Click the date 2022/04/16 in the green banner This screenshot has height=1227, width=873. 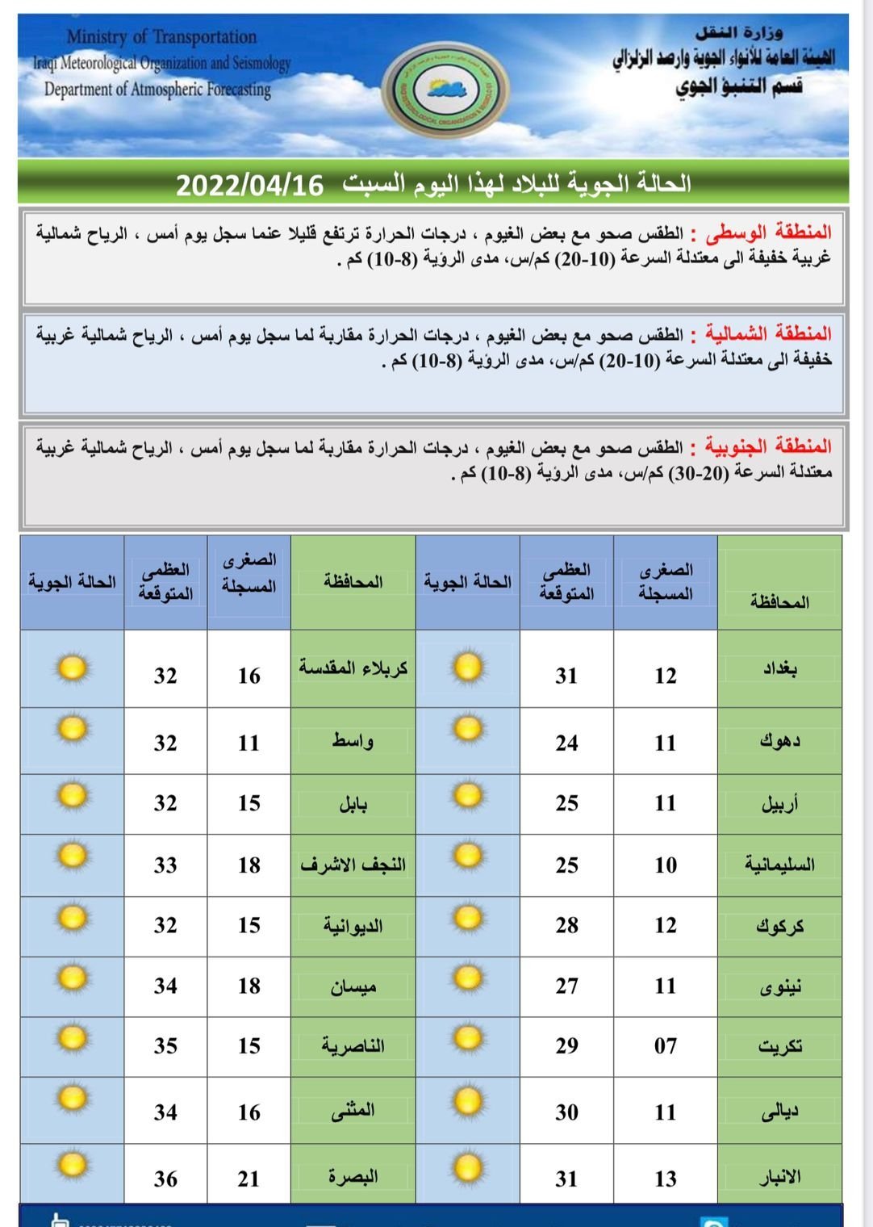249,186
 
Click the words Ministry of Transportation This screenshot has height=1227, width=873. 161,37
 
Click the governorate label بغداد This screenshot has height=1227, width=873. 780,669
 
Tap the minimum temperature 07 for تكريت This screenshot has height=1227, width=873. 666,1046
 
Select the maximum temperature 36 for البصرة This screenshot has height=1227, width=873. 165,1179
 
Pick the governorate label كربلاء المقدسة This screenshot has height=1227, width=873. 353,668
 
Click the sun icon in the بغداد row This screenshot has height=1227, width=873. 467,667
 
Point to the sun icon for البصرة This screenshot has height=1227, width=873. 73,1164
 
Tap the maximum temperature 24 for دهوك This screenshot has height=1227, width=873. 566,743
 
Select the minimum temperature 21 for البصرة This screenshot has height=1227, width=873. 249,1179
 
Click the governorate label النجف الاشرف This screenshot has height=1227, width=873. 353,865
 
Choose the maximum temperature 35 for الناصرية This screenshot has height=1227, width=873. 165,1046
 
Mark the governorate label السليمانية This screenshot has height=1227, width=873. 779,865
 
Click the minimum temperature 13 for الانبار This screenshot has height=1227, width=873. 666,1179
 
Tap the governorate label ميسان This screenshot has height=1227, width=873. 353,986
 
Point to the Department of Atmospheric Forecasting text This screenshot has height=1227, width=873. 157,89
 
